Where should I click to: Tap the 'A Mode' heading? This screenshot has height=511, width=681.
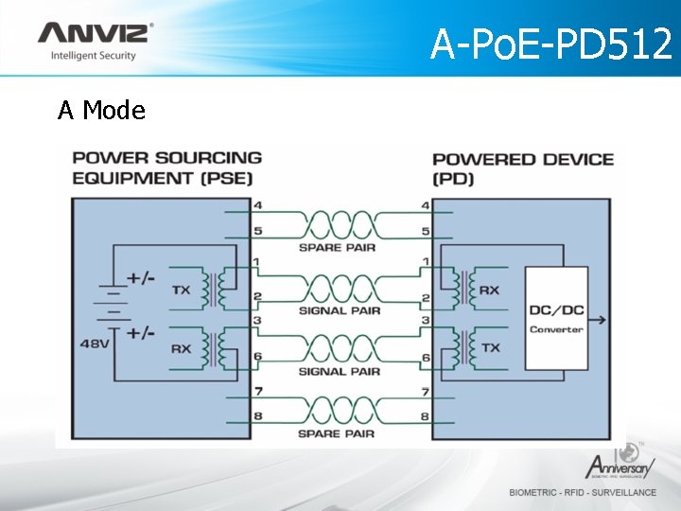tap(101, 111)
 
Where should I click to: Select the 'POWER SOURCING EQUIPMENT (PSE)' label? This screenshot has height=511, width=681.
tap(167, 167)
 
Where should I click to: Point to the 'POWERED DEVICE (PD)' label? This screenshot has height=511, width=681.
tap(522, 167)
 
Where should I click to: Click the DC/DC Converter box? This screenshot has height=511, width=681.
tap(556, 318)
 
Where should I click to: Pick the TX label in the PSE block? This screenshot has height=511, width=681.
tap(182, 290)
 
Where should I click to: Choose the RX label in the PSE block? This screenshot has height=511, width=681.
tap(182, 348)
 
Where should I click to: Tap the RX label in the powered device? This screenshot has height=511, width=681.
tap(490, 290)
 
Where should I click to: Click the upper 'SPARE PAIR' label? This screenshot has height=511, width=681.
tap(337, 248)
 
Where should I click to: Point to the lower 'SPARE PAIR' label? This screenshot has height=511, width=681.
tap(337, 433)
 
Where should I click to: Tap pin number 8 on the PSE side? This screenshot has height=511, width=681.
tap(257, 415)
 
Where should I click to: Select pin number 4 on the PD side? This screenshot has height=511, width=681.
tap(425, 205)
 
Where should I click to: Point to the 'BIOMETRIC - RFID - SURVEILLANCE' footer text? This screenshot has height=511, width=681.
tap(583, 492)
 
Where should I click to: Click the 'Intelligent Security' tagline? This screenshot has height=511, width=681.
tap(93, 56)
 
